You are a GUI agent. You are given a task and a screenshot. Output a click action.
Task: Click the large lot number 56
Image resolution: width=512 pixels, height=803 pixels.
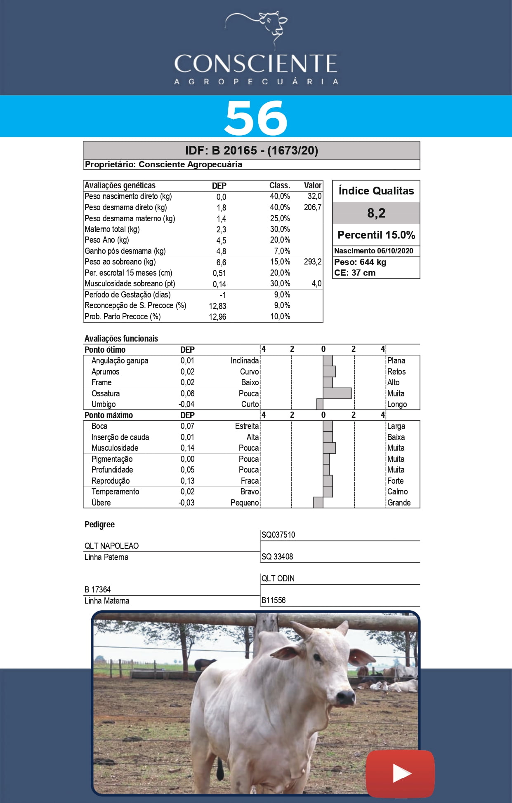(256, 118)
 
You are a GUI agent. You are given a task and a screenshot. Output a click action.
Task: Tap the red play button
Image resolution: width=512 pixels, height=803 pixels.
(400, 773)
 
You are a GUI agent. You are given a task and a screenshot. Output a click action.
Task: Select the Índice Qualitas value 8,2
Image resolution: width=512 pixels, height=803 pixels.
(376, 213)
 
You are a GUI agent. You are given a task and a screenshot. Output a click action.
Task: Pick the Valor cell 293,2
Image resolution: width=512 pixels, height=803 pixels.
(312, 262)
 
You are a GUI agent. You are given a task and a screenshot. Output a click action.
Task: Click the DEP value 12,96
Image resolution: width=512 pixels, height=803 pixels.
(217, 317)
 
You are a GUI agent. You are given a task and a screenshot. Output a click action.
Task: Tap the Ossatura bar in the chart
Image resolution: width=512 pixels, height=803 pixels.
(337, 393)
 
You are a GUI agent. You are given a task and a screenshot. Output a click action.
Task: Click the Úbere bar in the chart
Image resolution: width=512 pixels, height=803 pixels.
(318, 503)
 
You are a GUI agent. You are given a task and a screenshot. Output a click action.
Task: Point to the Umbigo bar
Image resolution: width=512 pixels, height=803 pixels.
(320, 404)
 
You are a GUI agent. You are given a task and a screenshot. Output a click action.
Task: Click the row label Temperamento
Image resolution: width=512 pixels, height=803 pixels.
(115, 492)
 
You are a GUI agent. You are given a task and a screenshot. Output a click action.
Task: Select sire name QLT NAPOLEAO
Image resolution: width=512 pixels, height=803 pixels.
(111, 546)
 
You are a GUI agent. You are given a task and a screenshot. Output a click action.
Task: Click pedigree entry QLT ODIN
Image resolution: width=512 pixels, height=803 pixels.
(278, 578)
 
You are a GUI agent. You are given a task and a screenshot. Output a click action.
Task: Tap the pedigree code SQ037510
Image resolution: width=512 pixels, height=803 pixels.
(278, 535)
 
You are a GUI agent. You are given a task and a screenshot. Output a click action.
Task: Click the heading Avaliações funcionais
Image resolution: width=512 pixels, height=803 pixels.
(121, 339)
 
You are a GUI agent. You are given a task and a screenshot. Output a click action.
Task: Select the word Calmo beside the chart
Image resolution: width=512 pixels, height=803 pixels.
(397, 492)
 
